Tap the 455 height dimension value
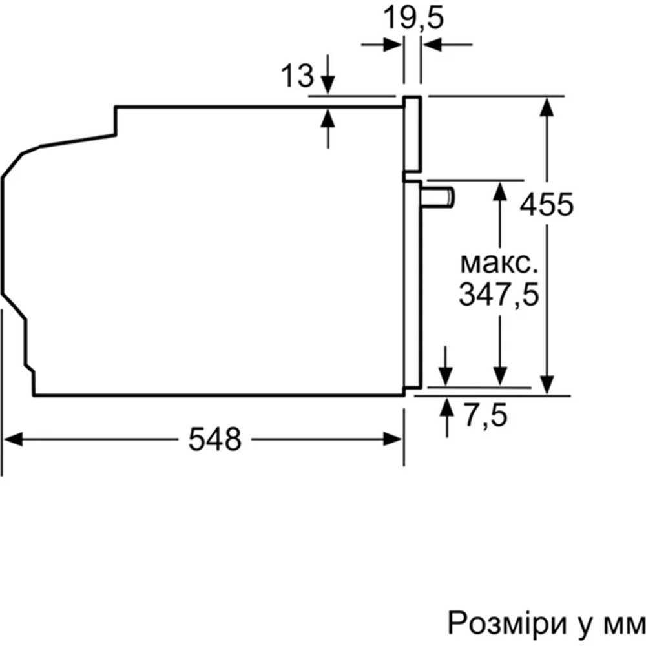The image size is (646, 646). [x=547, y=205]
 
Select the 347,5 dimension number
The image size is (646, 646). [x=499, y=295]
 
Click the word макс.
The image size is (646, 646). [x=499, y=263]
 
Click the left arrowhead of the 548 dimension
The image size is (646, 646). [x=13, y=439]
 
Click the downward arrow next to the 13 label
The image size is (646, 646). [x=328, y=85]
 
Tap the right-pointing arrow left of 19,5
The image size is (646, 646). [x=391, y=45]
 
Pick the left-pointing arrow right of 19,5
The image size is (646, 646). [x=432, y=45]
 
